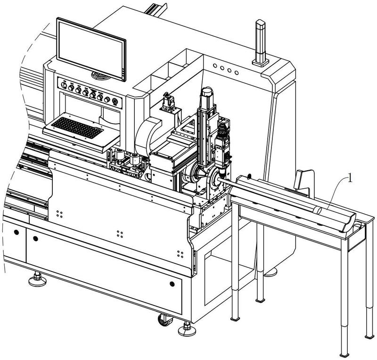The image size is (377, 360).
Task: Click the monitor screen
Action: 91,49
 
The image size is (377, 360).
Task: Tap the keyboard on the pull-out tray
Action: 77,127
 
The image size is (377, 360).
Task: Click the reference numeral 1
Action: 350,179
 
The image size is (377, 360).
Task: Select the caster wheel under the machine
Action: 164,320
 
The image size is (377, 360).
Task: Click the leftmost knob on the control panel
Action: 64,85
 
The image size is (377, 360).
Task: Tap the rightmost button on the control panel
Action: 115,102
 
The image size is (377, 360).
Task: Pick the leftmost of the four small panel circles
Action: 215,66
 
